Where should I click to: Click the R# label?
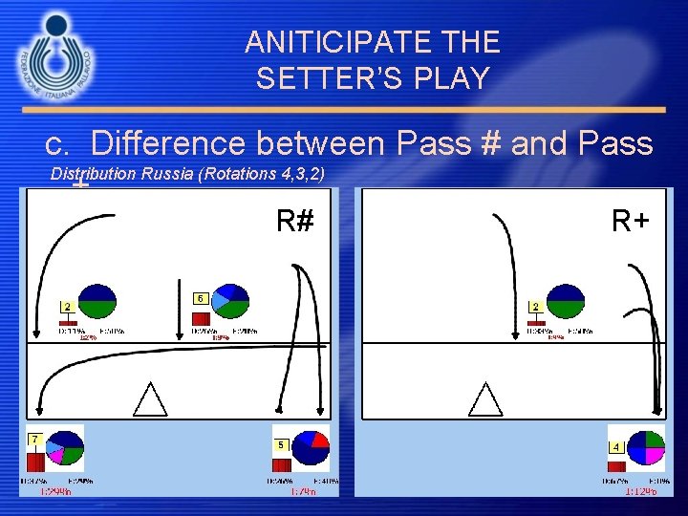coord(295,222)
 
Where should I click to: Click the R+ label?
coord(631,222)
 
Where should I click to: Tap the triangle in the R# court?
coord(150,398)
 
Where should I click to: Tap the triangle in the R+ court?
coord(485,398)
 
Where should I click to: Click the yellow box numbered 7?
coord(34,439)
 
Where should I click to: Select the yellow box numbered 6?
coord(201,297)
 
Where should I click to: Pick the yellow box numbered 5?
coord(281,445)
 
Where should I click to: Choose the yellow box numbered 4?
coord(616,446)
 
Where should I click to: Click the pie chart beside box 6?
coord(230,302)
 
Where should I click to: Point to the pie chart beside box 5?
coord(311,448)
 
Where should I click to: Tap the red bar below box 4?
coord(616,466)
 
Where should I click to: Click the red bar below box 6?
coord(202,318)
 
